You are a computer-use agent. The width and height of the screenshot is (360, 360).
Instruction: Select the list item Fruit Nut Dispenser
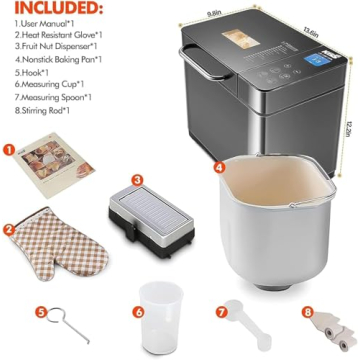pyautogui.click(x=54, y=46)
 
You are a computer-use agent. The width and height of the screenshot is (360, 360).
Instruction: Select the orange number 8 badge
pyautogui.click(x=303, y=310)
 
